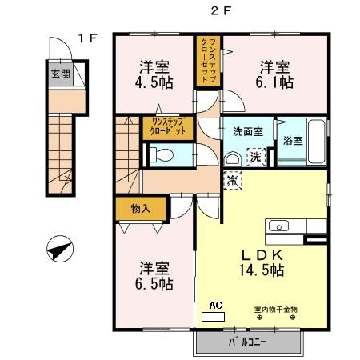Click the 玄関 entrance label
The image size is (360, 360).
59,74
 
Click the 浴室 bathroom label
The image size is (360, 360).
293,141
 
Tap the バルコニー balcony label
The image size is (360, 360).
248,342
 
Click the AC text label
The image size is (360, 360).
214,305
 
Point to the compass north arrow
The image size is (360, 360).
58,251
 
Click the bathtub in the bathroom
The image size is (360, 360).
315,141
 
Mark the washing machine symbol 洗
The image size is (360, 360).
255,155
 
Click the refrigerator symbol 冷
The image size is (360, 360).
233,181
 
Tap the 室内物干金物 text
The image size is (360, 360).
276,309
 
